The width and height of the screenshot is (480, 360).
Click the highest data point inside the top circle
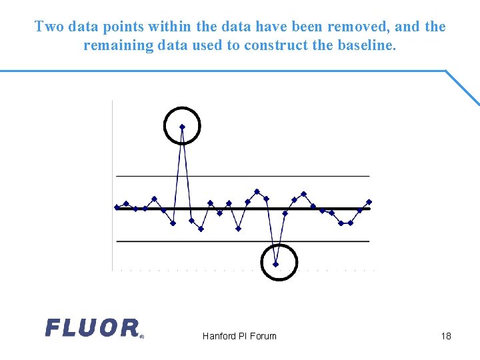tap(182, 127)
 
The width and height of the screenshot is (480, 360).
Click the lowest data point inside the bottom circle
tap(275, 264)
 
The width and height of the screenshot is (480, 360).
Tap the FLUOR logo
tap(93, 328)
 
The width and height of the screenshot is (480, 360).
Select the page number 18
tap(446, 336)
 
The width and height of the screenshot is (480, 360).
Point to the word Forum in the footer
tap(263, 336)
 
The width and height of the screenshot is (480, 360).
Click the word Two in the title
tap(48, 27)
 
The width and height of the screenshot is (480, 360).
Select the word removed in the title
tap(359, 27)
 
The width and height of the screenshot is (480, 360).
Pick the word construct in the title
tap(275, 46)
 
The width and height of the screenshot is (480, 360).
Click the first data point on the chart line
tap(117, 207)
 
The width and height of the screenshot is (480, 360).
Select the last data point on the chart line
tap(369, 201)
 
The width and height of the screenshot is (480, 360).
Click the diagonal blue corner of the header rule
tap(463, 87)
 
